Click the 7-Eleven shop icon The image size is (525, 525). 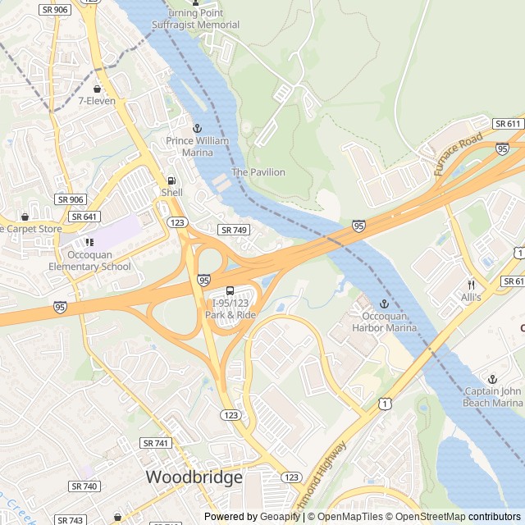click(x=98, y=89)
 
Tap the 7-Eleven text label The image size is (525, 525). click(x=97, y=101)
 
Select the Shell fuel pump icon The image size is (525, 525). click(x=171, y=180)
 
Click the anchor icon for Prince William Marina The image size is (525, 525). click(x=197, y=129)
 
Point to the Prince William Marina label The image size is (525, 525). click(x=197, y=146)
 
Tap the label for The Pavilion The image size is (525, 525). click(x=258, y=172)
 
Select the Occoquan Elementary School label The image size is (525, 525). click(x=89, y=261)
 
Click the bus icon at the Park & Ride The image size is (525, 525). click(x=230, y=290)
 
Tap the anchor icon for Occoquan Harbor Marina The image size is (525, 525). click(x=384, y=304)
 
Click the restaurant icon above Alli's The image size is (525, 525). click(x=471, y=284)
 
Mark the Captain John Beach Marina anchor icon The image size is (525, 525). click(x=493, y=379)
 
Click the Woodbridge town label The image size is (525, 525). click(x=194, y=477)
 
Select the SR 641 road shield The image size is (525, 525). click(x=84, y=217)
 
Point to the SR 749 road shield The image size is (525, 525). click(x=233, y=231)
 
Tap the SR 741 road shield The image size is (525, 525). click(x=156, y=443)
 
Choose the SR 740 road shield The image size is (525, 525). click(x=84, y=486)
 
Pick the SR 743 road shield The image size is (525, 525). click(x=71, y=520)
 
